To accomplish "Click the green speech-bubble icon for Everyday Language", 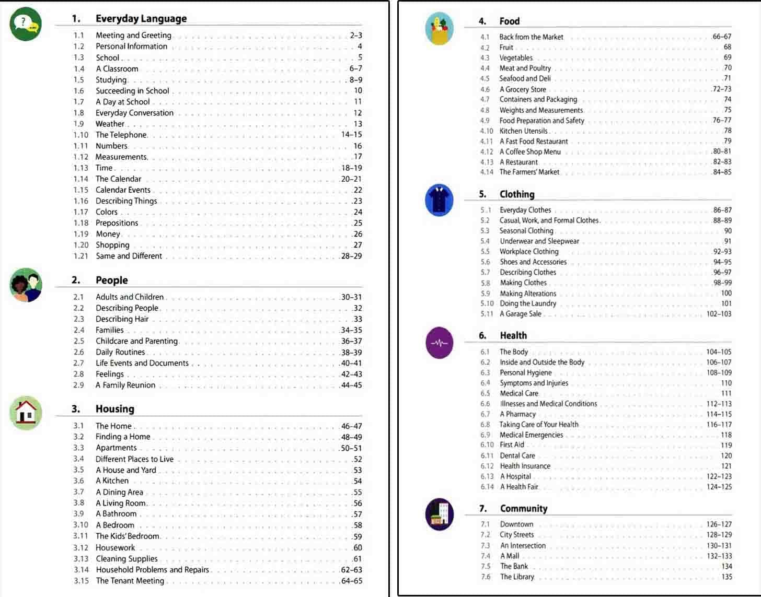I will [x=25, y=24].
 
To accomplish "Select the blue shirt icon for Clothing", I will [x=439, y=200].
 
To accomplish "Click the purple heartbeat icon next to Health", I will [x=439, y=343].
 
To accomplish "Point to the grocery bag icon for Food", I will [x=439, y=28].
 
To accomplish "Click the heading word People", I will [x=111, y=280].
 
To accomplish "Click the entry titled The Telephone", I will [x=121, y=135].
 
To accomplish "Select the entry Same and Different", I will [x=129, y=256].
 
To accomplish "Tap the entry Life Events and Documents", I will [x=142, y=363].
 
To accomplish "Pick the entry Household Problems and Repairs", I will [x=152, y=570].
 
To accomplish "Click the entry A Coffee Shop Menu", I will [x=529, y=151].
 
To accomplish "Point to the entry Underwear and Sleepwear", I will [x=539, y=241].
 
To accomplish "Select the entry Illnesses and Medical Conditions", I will [x=548, y=404].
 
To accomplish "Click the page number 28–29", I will [x=351, y=256].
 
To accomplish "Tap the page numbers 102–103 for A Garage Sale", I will [x=719, y=314].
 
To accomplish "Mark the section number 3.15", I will [x=81, y=581].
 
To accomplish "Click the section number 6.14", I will [x=487, y=487].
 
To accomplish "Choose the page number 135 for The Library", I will [x=726, y=577].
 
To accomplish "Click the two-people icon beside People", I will [x=25, y=285].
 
